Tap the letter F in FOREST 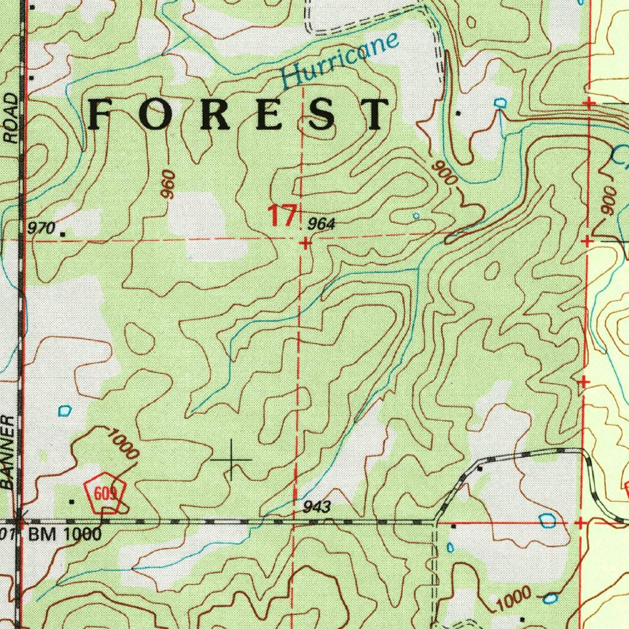pos(103,114)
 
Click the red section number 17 pos(282,216)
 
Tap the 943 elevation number pos(318,507)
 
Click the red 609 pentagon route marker pos(106,492)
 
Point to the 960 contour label pos(168,184)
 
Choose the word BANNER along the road pos(8,451)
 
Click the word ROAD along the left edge pos(10,119)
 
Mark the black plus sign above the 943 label pos(231,459)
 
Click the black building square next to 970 pos(62,233)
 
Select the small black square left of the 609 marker pos(72,502)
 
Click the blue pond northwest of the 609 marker pos(64,410)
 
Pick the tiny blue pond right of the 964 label pos(416,216)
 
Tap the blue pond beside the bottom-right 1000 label pos(551,598)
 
